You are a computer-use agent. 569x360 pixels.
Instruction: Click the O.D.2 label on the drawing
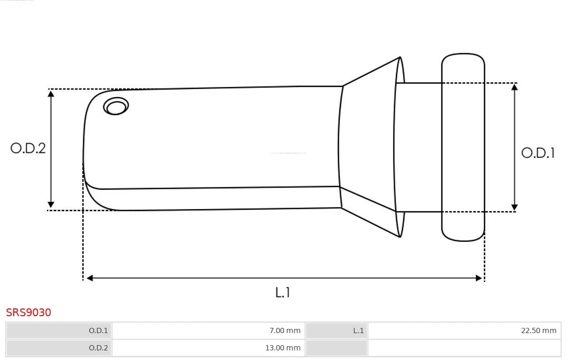coord(28,148)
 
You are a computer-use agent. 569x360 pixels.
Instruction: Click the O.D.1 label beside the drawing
coord(538,153)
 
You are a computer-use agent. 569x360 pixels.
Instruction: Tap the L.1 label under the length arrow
coord(283,292)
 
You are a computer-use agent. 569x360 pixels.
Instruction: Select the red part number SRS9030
coord(28,313)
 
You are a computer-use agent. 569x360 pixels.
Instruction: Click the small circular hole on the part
coord(116,106)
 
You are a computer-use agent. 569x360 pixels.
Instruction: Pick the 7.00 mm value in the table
coord(284,330)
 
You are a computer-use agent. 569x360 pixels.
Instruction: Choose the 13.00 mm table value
coord(283,347)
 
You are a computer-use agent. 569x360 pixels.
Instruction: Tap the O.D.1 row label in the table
coord(98,330)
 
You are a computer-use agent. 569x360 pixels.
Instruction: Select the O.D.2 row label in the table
coord(98,347)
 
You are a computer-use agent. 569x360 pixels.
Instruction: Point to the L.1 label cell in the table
coord(358,330)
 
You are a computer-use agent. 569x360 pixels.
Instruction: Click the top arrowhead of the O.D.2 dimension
coord(51,94)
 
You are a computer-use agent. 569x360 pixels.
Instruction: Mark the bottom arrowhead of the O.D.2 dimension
coord(51,205)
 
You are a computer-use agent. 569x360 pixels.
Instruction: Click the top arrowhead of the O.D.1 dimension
coord(515,87)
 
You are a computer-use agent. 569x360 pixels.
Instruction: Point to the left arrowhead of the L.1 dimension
coord(90,278)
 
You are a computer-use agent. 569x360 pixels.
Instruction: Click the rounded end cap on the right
coord(463,147)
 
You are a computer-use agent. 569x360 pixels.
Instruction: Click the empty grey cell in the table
coord(336,347)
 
